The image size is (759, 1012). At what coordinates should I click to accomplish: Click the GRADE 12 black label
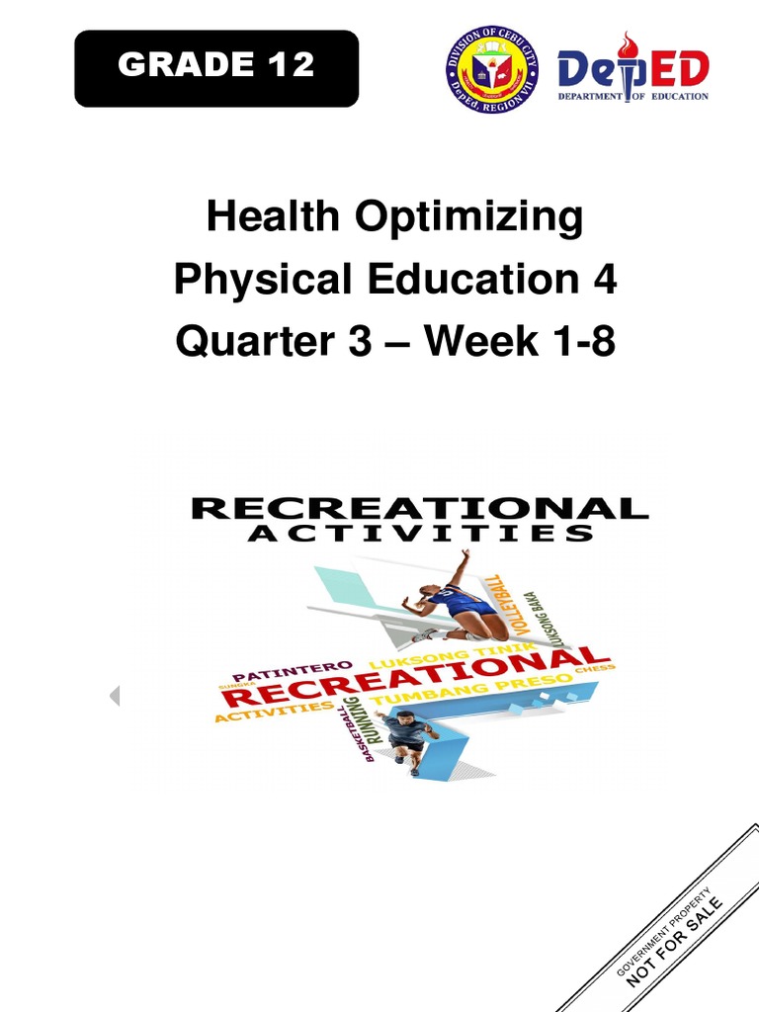pos(215,67)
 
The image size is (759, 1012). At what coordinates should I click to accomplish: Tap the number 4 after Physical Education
pos(604,280)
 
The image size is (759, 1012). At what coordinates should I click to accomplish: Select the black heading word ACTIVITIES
pos(419,535)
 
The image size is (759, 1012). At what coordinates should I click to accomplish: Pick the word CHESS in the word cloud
pos(600,668)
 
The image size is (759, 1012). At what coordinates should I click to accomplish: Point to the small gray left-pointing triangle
pos(115,696)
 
